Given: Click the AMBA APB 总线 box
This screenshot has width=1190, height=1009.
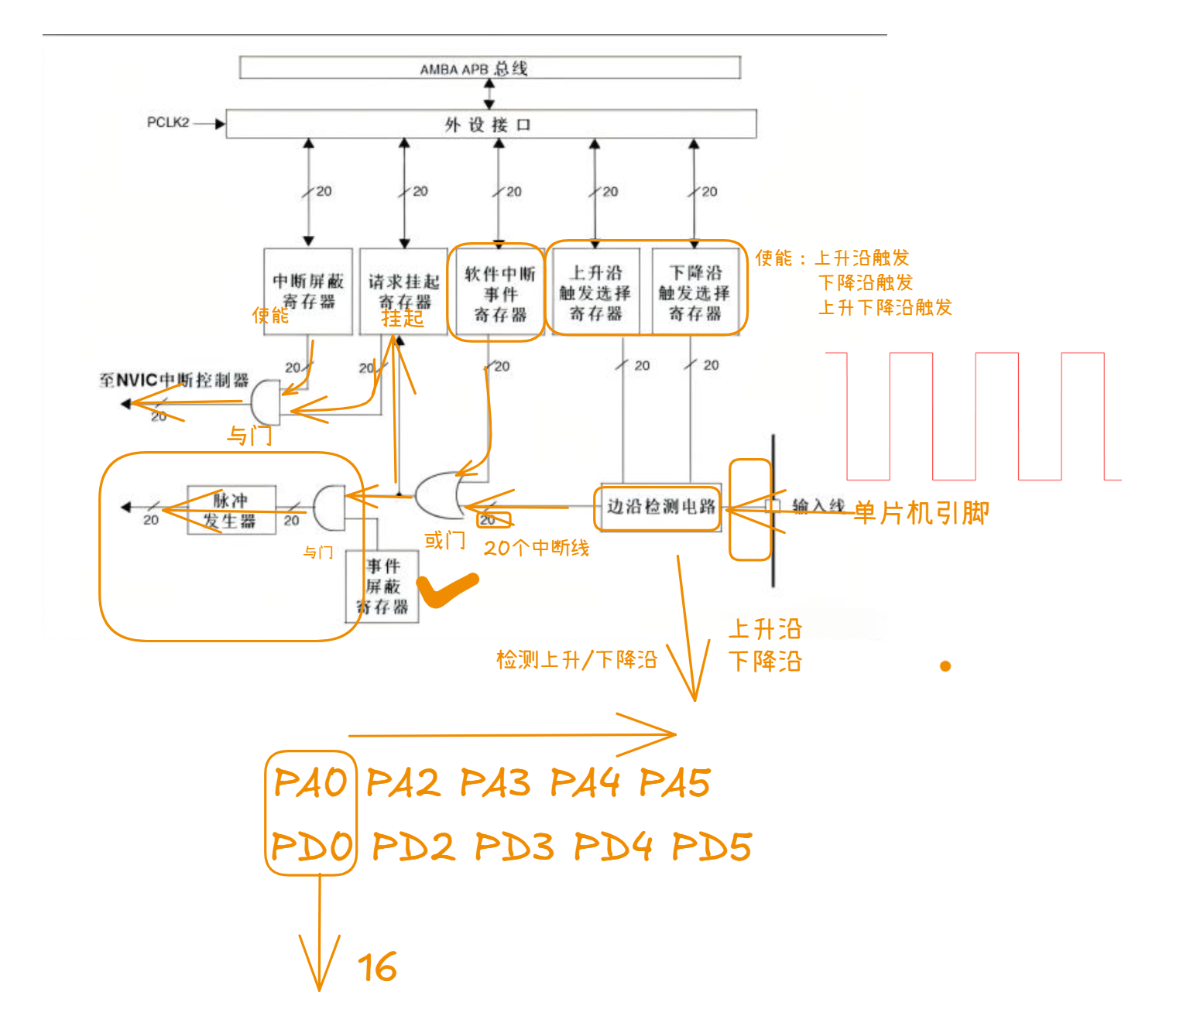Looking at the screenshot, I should [489, 68].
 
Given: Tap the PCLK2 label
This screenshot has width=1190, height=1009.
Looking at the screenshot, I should [168, 122].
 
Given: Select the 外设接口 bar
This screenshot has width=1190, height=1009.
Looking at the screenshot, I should [490, 124].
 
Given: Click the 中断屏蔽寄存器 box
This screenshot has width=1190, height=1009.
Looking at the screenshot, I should [308, 291].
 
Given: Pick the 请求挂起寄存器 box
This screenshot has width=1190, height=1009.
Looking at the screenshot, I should [403, 291].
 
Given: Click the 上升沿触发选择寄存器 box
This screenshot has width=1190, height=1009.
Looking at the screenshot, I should [595, 292].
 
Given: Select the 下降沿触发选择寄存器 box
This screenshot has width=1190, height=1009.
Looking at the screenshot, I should [694, 292].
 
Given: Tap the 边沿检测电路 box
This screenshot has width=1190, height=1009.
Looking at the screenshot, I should [660, 507].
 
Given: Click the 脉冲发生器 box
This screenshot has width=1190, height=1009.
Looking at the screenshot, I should [231, 510].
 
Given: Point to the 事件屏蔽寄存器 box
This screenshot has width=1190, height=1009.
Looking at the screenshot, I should [382, 587].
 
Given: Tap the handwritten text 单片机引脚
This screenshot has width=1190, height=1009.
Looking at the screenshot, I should [921, 513].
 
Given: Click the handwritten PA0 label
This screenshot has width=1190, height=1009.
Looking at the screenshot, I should [310, 782].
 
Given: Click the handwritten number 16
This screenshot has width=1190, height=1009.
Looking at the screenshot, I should [377, 967].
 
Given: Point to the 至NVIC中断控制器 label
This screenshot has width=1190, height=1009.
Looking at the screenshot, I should [174, 380].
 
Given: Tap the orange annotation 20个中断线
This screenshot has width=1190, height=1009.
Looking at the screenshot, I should [537, 548].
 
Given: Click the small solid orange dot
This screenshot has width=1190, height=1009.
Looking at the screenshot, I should [945, 666].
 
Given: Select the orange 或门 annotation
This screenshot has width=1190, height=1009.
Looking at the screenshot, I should [444, 541].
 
